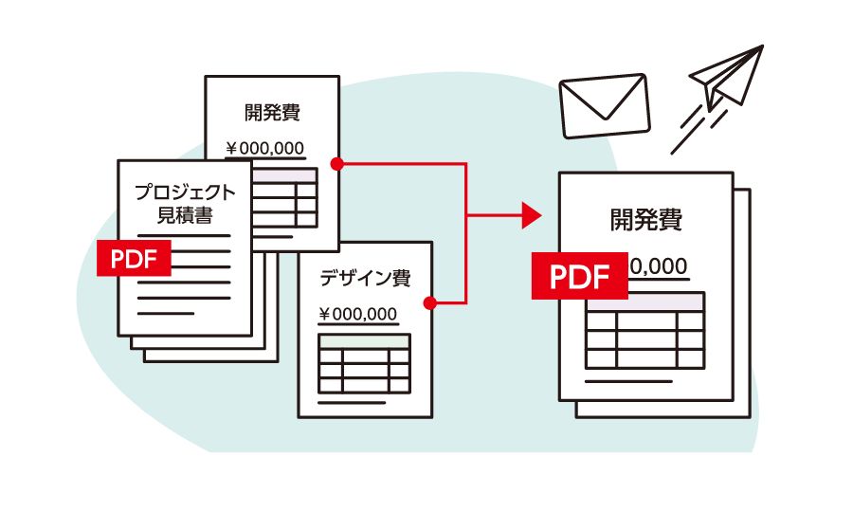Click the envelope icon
(x=604, y=104)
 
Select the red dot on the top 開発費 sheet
(x=337, y=164)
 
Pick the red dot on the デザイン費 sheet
(x=429, y=303)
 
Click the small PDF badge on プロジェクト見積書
(x=135, y=258)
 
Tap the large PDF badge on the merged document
(x=578, y=275)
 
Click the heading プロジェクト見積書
(x=184, y=203)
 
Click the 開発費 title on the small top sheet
(x=272, y=113)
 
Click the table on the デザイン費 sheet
(x=365, y=363)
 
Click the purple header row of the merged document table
(x=644, y=302)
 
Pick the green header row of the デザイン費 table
(x=365, y=340)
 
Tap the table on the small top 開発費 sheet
(x=284, y=198)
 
